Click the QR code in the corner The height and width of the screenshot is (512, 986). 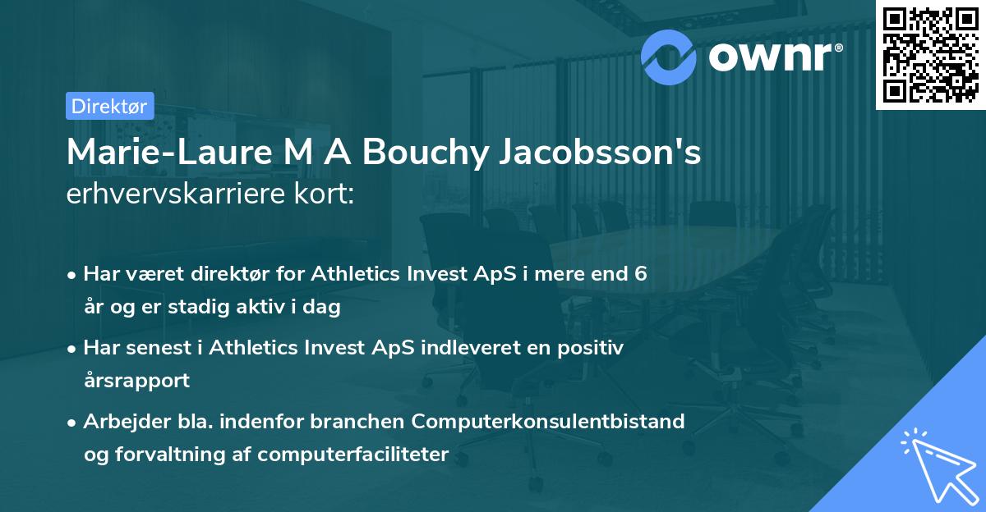(x=929, y=55)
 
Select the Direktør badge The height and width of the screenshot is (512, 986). (x=109, y=106)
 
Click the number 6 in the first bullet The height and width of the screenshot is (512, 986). (x=640, y=274)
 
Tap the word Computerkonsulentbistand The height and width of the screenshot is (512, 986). (x=548, y=422)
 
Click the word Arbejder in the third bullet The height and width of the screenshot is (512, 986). (x=119, y=422)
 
